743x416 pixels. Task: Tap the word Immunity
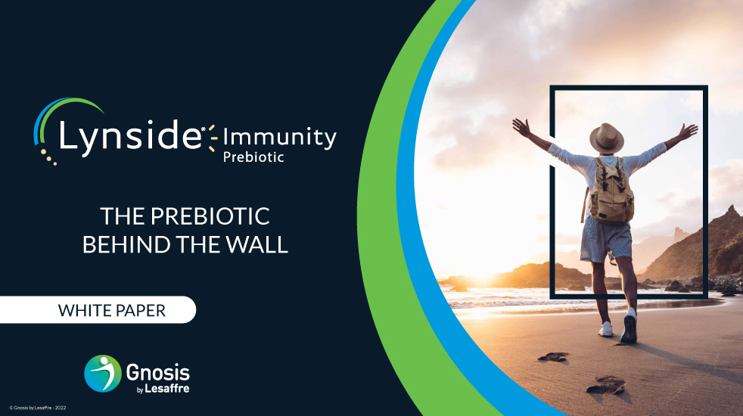point(280,138)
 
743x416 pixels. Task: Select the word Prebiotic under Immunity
point(253,157)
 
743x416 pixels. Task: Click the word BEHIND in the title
point(126,244)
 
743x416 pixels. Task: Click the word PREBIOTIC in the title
point(210,216)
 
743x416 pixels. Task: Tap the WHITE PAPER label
point(112,310)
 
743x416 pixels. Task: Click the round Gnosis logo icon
point(103,374)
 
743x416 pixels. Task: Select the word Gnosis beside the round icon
point(158,372)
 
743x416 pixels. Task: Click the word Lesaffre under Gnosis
point(166,389)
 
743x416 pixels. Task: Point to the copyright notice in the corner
point(37,408)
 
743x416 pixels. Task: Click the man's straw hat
point(607,138)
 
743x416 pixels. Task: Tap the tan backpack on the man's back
point(611,191)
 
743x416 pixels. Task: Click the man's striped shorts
point(606,240)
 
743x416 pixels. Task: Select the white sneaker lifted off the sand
point(630,326)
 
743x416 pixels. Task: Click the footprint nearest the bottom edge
point(606,385)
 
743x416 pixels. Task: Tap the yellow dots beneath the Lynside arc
point(48,157)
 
